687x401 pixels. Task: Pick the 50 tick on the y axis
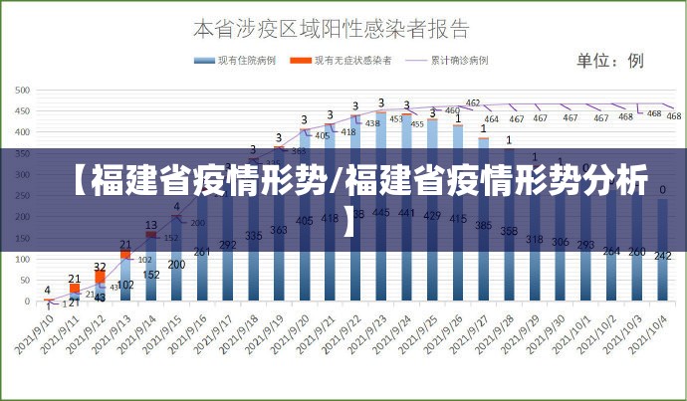click(x=23, y=280)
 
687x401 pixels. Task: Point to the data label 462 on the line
click(x=473, y=102)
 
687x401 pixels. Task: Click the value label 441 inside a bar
click(x=406, y=213)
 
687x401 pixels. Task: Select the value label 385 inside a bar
click(x=483, y=226)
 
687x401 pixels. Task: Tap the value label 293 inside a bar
click(x=585, y=244)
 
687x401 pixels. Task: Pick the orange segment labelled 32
click(x=100, y=276)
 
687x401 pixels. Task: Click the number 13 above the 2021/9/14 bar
click(x=151, y=225)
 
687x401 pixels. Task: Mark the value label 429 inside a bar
click(x=432, y=215)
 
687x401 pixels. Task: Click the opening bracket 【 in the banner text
click(x=76, y=183)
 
